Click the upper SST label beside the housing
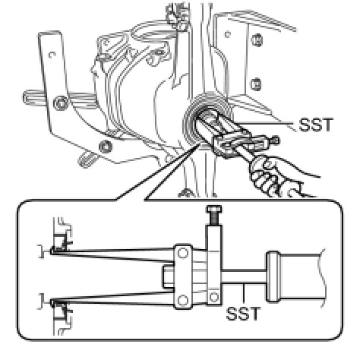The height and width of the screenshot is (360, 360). tap(315, 125)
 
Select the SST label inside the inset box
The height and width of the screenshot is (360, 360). tap(243, 314)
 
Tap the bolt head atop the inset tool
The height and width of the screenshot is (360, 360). tap(214, 209)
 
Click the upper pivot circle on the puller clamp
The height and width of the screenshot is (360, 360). tap(183, 253)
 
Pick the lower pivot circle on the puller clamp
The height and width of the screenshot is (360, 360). tap(183, 301)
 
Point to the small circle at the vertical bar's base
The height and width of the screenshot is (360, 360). tap(214, 297)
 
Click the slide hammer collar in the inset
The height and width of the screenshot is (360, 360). tap(273, 276)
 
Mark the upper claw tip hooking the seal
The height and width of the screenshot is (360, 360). tap(52, 251)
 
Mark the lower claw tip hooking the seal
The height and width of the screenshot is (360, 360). tap(52, 302)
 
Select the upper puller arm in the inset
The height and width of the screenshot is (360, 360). tap(112, 254)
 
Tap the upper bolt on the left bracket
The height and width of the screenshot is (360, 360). tap(61, 103)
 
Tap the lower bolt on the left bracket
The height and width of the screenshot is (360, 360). tap(106, 147)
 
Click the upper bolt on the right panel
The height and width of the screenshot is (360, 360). tap(257, 40)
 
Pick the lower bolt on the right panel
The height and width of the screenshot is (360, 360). tap(256, 84)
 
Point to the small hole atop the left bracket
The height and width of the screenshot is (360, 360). tap(52, 55)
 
